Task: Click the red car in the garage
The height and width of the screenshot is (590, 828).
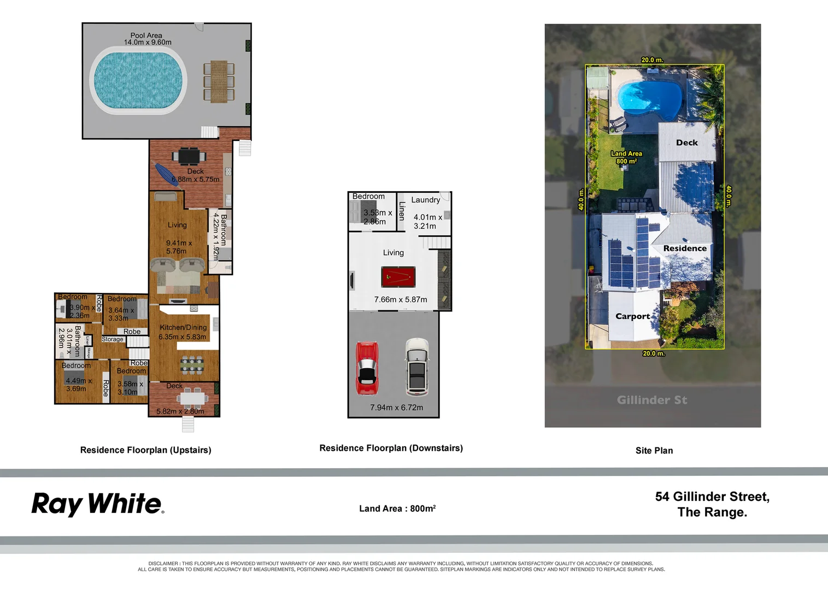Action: pos(367,368)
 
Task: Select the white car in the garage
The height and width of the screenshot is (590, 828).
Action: pos(417,367)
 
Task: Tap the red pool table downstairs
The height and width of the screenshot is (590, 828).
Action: pos(398,277)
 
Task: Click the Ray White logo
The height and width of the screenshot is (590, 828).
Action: pos(97,504)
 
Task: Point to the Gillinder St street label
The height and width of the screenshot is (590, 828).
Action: pos(652,400)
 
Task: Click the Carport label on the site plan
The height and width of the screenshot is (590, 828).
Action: pos(632,316)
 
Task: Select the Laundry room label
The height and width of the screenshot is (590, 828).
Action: pos(425,200)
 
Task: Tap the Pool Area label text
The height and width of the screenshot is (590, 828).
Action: pos(146,36)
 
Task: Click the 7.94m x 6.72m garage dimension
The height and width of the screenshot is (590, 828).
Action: pos(396,408)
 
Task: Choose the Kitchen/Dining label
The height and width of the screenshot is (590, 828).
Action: pos(183,327)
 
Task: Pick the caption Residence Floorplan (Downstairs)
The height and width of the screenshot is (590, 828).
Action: pos(391,448)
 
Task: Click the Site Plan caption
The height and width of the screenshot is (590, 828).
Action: pos(654,451)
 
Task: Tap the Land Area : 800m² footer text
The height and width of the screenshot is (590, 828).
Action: pos(397,509)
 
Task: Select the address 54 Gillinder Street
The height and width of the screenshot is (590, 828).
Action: pos(712,497)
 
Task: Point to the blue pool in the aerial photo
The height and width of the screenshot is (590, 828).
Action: pos(648,99)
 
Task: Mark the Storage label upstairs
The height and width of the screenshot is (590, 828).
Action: pos(113,339)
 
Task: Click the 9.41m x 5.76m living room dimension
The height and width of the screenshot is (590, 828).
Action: pos(179,247)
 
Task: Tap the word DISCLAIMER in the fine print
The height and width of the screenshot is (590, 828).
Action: pos(163,563)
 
